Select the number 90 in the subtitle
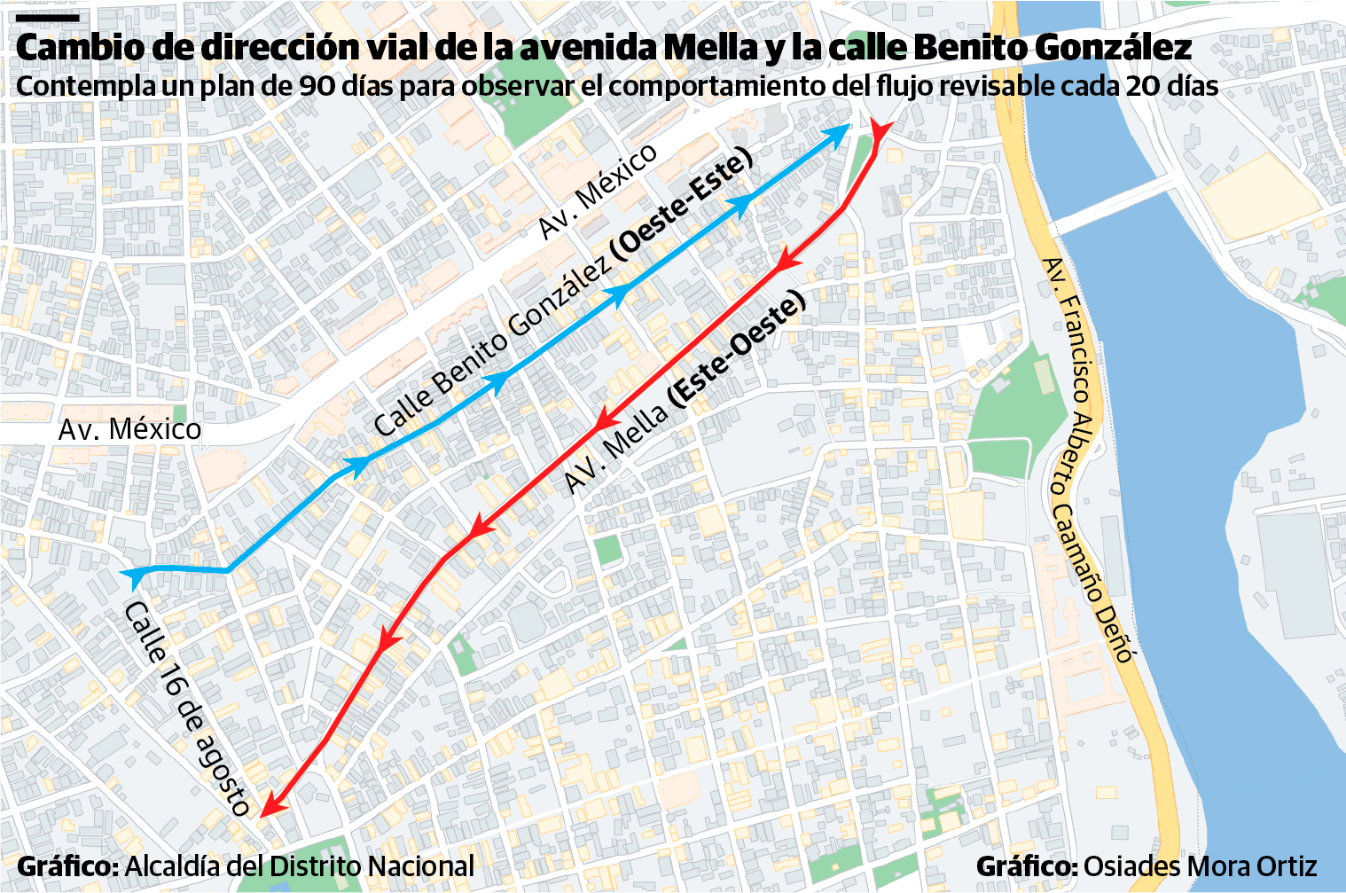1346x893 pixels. [316, 86]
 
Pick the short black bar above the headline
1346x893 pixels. [48, 17]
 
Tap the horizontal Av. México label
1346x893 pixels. [129, 429]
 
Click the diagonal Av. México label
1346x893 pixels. [599, 190]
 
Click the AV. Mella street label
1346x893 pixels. [615, 448]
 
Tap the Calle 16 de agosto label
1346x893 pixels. [187, 708]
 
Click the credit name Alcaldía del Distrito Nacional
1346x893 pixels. [300, 866]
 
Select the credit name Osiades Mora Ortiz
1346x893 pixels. [1200, 866]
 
